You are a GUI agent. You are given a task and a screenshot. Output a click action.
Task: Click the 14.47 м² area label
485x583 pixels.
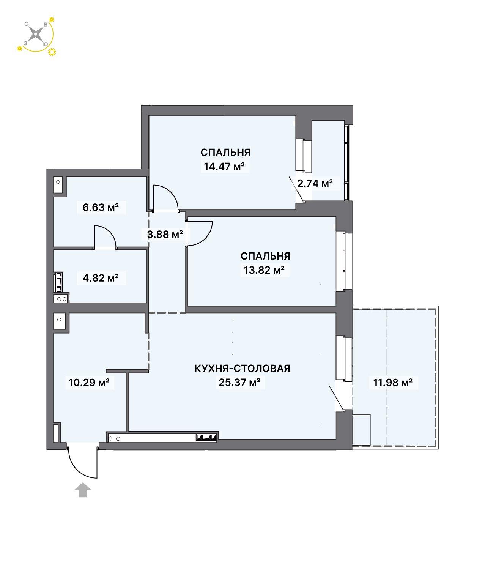[224, 166]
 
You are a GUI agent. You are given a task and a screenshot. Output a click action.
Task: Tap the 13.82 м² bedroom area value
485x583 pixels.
[264, 270]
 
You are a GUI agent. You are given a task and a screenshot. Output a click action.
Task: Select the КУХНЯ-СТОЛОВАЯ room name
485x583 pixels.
[242, 368]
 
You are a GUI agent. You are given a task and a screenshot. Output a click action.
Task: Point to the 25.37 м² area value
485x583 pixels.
[239, 382]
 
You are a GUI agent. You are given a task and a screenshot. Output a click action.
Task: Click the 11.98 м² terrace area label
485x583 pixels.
[392, 382]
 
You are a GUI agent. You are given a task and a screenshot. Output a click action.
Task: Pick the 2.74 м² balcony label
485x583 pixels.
[315, 183]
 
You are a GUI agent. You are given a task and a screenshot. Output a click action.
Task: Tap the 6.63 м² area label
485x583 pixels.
[101, 207]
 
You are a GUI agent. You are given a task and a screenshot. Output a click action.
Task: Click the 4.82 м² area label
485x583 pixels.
[101, 278]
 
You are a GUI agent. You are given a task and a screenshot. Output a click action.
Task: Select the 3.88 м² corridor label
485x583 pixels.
[165, 234]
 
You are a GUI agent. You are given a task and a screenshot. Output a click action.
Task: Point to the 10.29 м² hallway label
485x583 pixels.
[89, 382]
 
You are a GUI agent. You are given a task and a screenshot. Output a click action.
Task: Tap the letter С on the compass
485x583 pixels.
[26, 24]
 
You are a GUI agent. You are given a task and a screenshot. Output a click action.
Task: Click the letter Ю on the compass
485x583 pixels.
[45, 44]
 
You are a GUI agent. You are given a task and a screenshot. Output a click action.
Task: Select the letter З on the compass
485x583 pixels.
[26, 43]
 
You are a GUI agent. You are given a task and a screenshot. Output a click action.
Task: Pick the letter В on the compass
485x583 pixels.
[46, 25]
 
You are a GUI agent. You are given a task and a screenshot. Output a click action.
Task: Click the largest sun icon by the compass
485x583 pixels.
[52, 52]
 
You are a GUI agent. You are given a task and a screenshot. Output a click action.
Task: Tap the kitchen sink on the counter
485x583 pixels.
[206, 437]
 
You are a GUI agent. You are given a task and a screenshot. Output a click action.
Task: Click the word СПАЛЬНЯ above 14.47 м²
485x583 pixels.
[225, 153]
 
